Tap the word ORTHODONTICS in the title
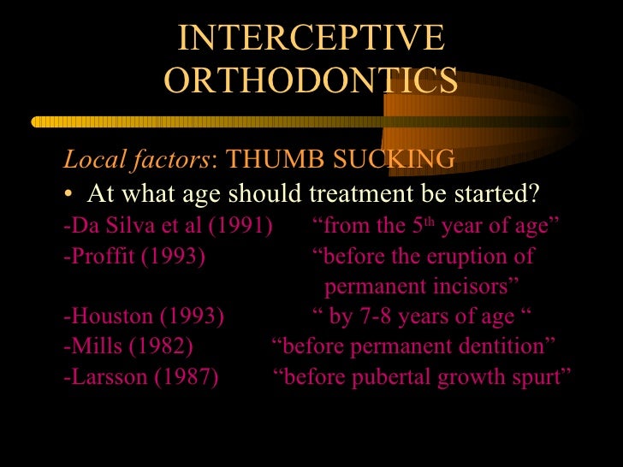(311, 80)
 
